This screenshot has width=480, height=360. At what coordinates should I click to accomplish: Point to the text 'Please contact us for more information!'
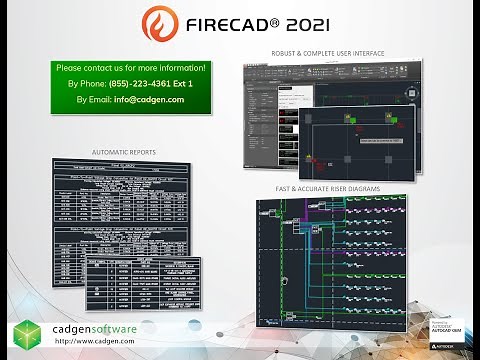(x=131, y=67)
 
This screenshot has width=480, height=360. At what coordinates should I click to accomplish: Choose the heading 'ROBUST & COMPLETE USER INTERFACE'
(x=328, y=51)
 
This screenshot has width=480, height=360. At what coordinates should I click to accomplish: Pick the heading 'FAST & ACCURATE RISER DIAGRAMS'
(x=329, y=188)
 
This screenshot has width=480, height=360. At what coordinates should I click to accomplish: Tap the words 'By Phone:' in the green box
(x=87, y=83)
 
